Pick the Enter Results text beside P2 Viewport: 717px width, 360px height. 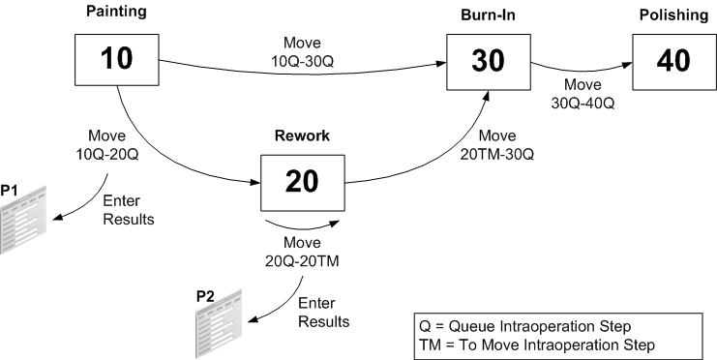click(323, 313)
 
